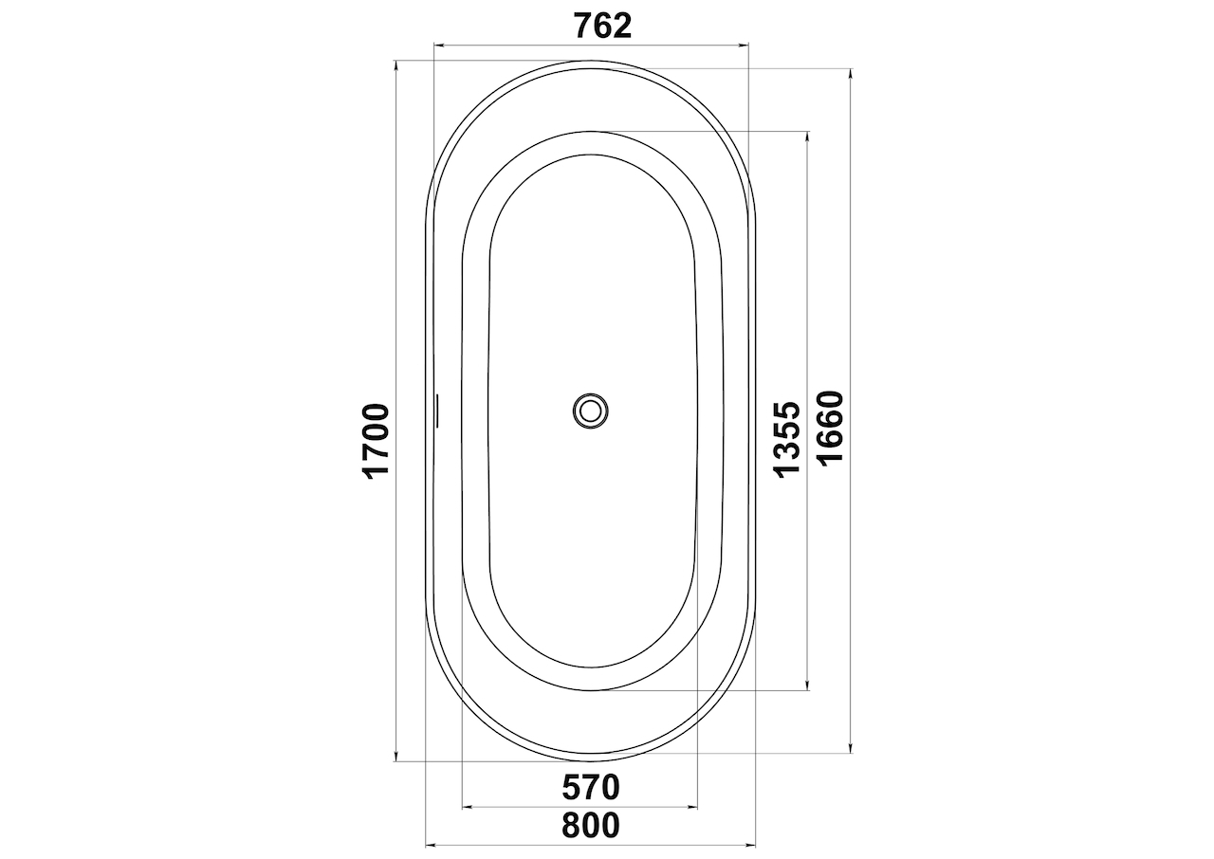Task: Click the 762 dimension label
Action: tap(603, 26)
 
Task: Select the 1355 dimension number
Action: tap(787, 440)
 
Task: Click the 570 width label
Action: tap(591, 787)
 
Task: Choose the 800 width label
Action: tap(591, 826)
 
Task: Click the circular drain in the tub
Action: tap(590, 411)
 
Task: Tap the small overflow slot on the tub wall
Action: tap(436, 410)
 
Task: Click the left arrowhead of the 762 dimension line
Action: tap(439, 46)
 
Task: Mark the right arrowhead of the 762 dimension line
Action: tap(744, 46)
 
